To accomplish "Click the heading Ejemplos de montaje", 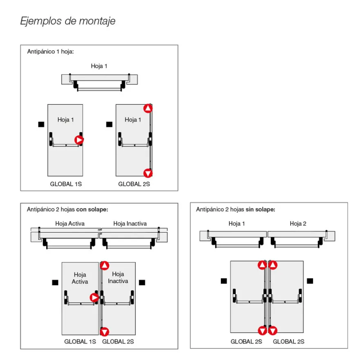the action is [x=68, y=21].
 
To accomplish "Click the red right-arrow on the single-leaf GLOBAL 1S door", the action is [x=79, y=140].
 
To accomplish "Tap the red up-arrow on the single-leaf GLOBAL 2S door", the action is [x=148, y=108].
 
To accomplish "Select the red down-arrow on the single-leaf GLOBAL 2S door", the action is [x=148, y=173].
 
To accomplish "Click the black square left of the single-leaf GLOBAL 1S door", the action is [x=41, y=124].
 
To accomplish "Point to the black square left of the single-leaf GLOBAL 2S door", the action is [x=109, y=124].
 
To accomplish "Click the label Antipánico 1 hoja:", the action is [x=50, y=52].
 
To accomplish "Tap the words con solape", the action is [x=92, y=209].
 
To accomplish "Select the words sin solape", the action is [x=260, y=209].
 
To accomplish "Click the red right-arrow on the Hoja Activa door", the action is [x=94, y=297].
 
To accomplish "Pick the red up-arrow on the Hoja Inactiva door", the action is [x=104, y=265].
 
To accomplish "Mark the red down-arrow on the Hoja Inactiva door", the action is [x=104, y=332].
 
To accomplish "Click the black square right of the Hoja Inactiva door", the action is [x=142, y=282].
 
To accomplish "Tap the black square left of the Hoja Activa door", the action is [x=55, y=282].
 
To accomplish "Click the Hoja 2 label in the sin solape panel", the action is [x=298, y=224].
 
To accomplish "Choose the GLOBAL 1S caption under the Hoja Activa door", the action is [x=80, y=342].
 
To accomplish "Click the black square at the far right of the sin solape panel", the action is [x=310, y=281].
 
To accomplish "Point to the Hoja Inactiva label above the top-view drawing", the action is [x=130, y=224].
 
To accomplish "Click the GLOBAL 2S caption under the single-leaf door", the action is [x=134, y=184].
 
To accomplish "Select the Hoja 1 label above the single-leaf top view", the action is [x=99, y=66].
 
